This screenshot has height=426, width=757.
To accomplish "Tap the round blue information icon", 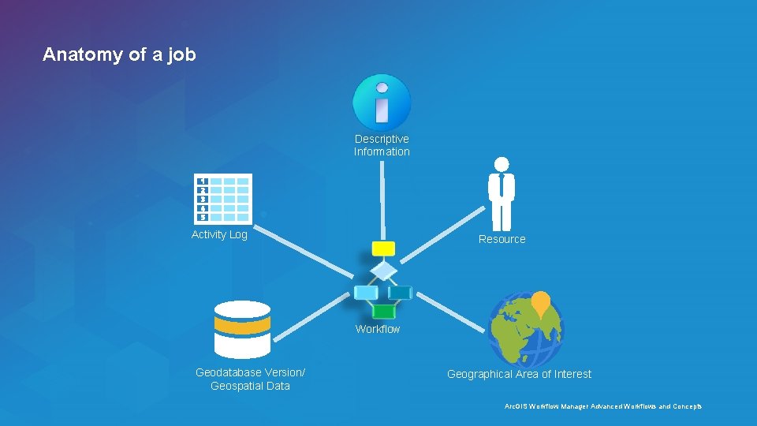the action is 382,103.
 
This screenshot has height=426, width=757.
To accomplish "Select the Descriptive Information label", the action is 382,145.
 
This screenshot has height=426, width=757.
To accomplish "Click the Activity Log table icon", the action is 223,199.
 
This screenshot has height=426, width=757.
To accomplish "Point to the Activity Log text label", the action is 219,234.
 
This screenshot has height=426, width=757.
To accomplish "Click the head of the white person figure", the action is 501,164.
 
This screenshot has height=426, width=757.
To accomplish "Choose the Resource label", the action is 502,239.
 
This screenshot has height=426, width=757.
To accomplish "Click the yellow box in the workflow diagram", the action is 383,249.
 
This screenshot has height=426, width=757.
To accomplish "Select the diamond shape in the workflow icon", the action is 383,271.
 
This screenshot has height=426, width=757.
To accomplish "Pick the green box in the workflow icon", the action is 383,312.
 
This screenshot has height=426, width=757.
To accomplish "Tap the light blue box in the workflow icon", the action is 366,293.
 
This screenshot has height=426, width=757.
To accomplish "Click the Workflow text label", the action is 378,329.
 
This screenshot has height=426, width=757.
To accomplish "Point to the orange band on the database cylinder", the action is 242,325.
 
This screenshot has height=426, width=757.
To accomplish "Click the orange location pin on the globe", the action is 540,302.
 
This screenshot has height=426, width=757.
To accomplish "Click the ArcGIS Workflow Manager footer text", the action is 602,406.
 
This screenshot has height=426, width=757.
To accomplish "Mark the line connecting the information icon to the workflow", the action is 382,201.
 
